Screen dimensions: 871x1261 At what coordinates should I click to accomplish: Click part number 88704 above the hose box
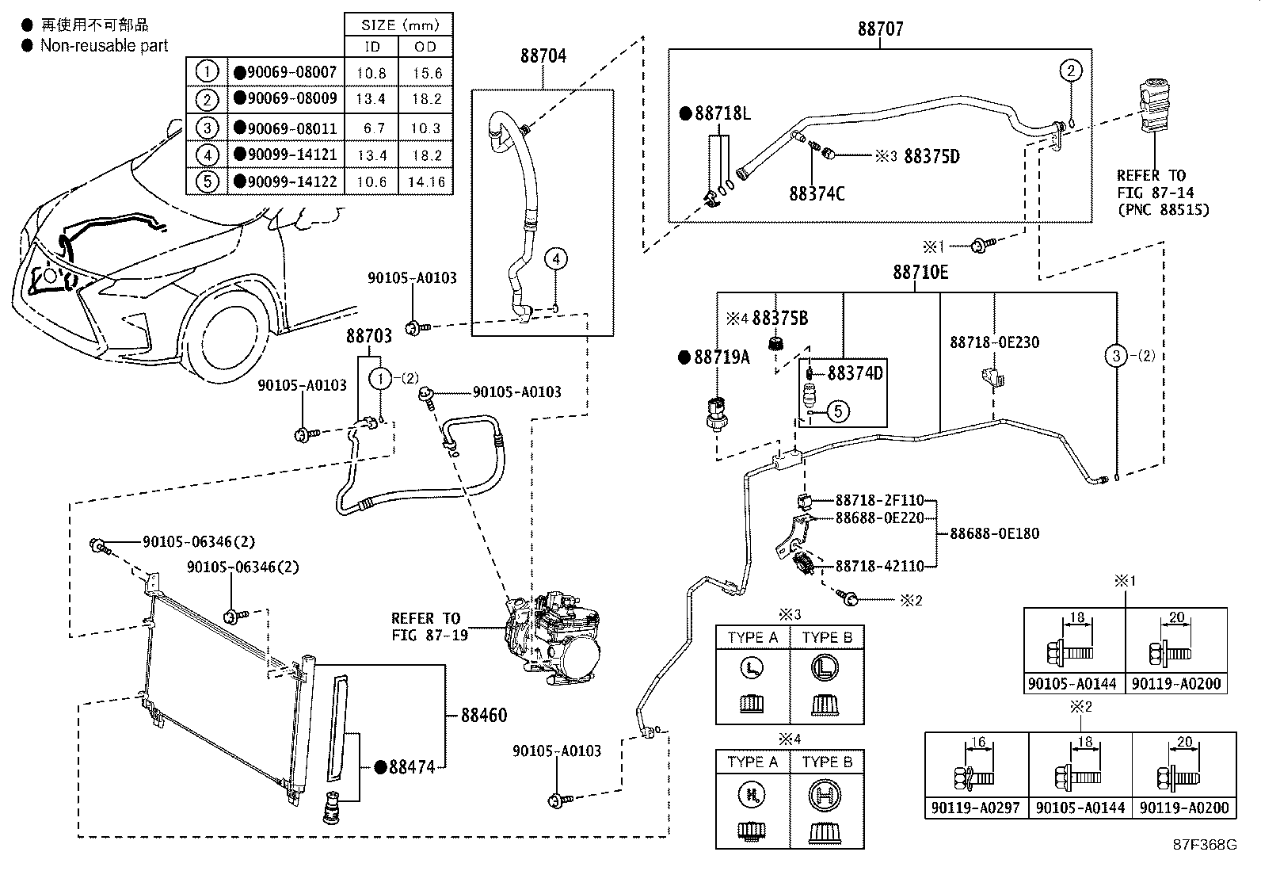pyautogui.click(x=543, y=56)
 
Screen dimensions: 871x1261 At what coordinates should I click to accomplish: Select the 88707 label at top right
pyautogui.click(x=880, y=29)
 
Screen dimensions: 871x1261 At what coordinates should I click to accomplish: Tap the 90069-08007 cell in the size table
pyautogui.click(x=286, y=72)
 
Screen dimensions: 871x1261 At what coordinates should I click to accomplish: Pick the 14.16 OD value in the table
pyautogui.click(x=426, y=181)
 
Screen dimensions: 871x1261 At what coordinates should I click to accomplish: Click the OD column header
pyautogui.click(x=426, y=47)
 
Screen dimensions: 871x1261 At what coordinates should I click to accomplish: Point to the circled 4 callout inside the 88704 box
pyautogui.click(x=557, y=258)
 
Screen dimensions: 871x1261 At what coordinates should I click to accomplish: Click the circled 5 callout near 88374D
pyautogui.click(x=839, y=411)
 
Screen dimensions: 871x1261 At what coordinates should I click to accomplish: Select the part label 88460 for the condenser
pyautogui.click(x=484, y=715)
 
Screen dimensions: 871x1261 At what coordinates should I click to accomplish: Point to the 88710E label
pyautogui.click(x=920, y=273)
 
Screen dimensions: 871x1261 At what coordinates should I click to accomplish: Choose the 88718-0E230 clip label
pyautogui.click(x=995, y=342)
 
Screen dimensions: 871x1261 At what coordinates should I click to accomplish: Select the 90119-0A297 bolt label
pyautogui.click(x=976, y=808)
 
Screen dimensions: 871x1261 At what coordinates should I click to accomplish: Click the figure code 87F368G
pyautogui.click(x=1205, y=843)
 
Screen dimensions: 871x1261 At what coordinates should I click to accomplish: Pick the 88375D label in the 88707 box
pyautogui.click(x=931, y=156)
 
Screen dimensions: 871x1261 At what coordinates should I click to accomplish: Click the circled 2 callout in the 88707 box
pyautogui.click(x=1070, y=71)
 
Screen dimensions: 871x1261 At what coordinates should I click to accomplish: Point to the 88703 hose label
pyautogui.click(x=368, y=336)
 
